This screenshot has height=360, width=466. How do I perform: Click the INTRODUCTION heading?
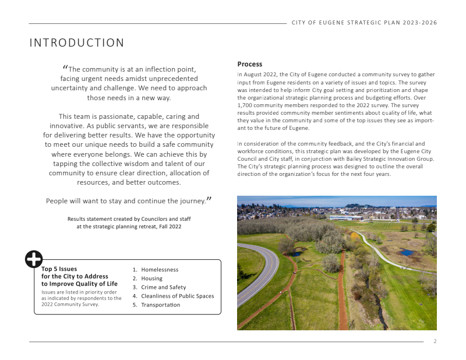(x=77, y=43)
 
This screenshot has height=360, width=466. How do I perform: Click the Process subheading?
(x=250, y=64)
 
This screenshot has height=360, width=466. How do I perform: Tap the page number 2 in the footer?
(x=435, y=341)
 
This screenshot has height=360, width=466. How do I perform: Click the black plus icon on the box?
(x=34, y=259)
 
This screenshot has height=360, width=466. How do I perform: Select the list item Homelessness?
(x=160, y=270)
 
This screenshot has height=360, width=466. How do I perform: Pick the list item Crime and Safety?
(x=163, y=287)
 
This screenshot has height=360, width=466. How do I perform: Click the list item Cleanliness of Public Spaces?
(x=177, y=296)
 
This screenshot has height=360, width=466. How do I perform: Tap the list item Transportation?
(x=160, y=305)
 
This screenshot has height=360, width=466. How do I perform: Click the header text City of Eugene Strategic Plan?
(x=364, y=23)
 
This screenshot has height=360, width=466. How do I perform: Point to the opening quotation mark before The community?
(x=65, y=67)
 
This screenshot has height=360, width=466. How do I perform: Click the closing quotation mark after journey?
(x=209, y=200)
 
